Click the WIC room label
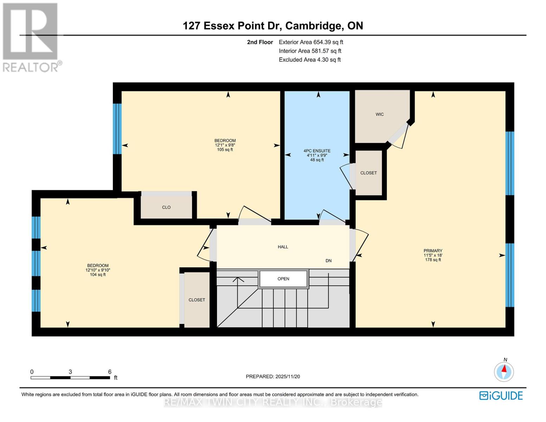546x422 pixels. pyautogui.click(x=379, y=114)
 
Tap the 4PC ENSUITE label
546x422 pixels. pyautogui.click(x=317, y=151)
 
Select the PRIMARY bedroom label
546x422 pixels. pyautogui.click(x=433, y=251)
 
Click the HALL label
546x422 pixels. pyautogui.click(x=283, y=247)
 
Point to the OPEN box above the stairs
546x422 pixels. pyautogui.click(x=283, y=279)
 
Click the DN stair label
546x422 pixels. pyautogui.click(x=328, y=261)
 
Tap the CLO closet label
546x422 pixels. pyautogui.click(x=166, y=207)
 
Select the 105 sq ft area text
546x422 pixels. pyautogui.click(x=225, y=149)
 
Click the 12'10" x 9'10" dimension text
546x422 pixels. pyautogui.click(x=98, y=270)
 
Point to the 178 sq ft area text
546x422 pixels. pyautogui.click(x=433, y=260)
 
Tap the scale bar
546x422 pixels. pyautogui.click(x=70, y=377)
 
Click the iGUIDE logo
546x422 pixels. pyautogui.click(x=501, y=396)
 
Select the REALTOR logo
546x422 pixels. pyautogui.click(x=31, y=37)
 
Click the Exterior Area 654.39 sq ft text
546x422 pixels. pyautogui.click(x=311, y=42)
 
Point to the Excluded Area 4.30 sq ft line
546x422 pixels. pyautogui.click(x=309, y=60)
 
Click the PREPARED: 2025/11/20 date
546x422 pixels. pyautogui.click(x=273, y=377)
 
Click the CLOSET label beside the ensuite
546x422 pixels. pyautogui.click(x=368, y=173)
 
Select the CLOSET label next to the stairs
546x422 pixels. pyautogui.click(x=197, y=300)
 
